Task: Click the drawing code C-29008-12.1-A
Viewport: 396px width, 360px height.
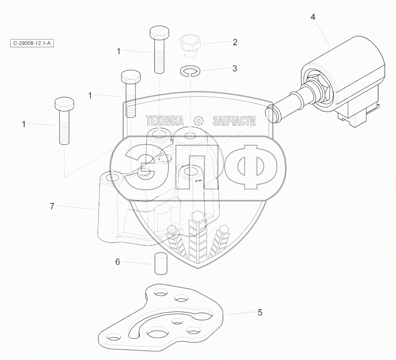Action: coord(32,43)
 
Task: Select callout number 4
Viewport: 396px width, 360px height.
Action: coord(313,17)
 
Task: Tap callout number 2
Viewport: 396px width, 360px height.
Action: coord(235,42)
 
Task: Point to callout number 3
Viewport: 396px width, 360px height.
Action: coord(234,68)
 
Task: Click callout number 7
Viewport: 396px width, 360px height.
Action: coord(52,206)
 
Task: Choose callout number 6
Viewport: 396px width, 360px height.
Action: coord(118,262)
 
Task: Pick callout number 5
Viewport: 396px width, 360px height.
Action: coord(260,312)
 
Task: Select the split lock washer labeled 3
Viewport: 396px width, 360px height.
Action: coord(190,71)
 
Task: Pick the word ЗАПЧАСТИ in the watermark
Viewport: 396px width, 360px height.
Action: coord(234,121)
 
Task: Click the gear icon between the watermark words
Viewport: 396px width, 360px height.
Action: coord(199,121)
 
